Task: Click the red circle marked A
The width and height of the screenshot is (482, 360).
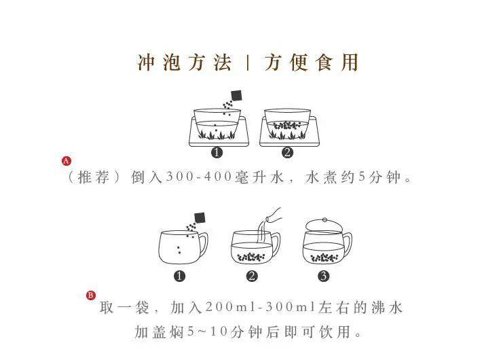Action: click(x=67, y=160)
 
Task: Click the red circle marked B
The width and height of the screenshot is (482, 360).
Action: click(x=91, y=295)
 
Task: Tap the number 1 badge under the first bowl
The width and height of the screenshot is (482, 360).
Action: click(x=217, y=152)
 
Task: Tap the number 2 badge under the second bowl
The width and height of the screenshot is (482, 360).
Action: click(x=287, y=152)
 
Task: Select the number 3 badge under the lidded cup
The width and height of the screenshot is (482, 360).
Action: click(x=323, y=276)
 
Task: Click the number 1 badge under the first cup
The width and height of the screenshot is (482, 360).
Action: click(x=179, y=276)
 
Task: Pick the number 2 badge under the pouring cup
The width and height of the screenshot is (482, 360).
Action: click(x=252, y=276)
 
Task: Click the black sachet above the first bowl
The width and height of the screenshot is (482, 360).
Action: click(x=236, y=95)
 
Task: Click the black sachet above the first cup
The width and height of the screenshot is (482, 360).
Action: click(x=200, y=218)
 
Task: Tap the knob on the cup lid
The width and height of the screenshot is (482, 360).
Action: click(x=325, y=220)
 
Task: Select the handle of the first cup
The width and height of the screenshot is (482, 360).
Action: click(x=204, y=245)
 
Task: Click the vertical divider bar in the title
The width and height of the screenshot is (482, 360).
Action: click(x=248, y=62)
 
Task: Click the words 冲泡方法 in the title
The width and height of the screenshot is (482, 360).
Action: click(x=184, y=62)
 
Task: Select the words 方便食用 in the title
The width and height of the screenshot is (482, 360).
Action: click(x=311, y=62)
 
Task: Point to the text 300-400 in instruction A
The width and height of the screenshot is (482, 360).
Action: click(x=199, y=177)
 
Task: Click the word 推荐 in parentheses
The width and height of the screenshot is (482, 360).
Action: click(x=94, y=177)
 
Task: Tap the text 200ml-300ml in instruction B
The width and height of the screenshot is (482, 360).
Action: click(x=261, y=307)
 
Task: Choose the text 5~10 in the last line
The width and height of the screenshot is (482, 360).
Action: click(x=207, y=331)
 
